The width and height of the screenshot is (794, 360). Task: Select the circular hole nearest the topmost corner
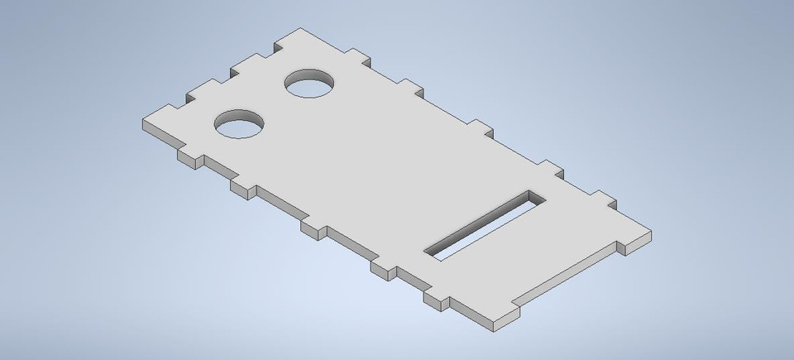tap(310, 84)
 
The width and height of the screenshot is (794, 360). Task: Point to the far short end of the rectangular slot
tap(533, 196)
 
